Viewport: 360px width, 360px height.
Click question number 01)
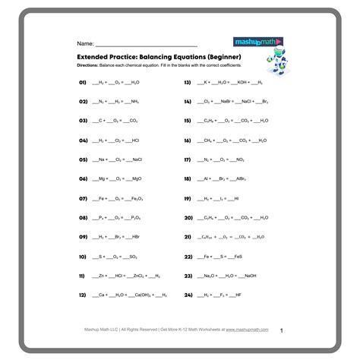84,81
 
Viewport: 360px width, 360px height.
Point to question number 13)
188,81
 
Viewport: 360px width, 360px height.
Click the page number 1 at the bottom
281,330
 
